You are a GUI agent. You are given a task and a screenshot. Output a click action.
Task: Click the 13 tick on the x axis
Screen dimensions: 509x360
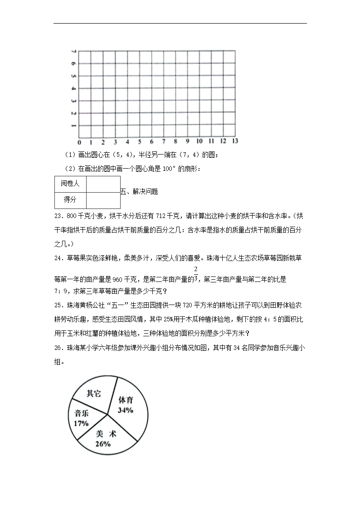[x=235, y=141]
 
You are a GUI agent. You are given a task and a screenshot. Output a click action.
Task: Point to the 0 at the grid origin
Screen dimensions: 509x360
[x=79, y=141]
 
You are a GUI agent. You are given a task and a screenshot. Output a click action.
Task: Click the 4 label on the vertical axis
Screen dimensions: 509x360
[x=73, y=88]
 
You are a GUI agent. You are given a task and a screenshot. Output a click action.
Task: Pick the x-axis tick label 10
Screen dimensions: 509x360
[x=199, y=141]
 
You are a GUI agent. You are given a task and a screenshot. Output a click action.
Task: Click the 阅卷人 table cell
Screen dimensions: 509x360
[x=70, y=184]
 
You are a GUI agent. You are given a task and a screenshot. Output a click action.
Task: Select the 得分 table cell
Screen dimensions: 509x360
[x=70, y=199]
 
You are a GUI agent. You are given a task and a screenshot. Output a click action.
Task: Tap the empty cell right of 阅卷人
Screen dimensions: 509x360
[x=103, y=184]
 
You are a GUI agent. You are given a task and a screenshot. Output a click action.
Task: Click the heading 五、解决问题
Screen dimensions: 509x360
[x=139, y=192]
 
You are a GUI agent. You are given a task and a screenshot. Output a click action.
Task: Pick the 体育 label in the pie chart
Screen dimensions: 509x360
[x=126, y=400]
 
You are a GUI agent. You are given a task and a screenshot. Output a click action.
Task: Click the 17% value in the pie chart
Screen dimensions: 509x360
[x=81, y=423]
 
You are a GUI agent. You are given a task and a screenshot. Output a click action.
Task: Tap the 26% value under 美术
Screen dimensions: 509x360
[x=103, y=444]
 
